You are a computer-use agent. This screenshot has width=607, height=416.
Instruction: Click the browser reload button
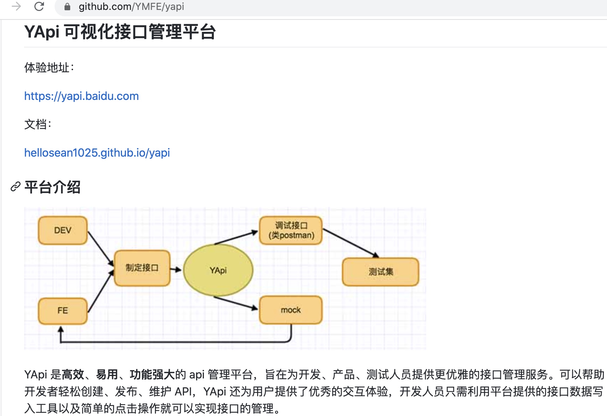[39, 6]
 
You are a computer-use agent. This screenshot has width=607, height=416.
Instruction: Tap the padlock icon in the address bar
[67, 7]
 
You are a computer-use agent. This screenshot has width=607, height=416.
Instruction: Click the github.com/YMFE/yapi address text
[131, 7]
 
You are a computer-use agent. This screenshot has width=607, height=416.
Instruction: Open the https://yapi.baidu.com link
[82, 96]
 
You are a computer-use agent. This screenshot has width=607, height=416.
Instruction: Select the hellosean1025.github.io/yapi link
[97, 153]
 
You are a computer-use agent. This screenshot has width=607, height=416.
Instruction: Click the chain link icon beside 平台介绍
[15, 187]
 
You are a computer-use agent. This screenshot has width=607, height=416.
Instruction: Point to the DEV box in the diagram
[63, 230]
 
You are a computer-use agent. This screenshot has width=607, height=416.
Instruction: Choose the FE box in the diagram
[63, 311]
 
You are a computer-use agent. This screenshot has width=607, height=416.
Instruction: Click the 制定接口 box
[142, 268]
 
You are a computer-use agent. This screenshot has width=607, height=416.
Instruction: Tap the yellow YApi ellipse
[218, 270]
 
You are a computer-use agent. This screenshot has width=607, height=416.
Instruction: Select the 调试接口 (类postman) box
[291, 230]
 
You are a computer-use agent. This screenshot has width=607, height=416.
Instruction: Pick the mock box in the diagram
[291, 310]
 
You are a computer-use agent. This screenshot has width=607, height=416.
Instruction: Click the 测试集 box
[380, 272]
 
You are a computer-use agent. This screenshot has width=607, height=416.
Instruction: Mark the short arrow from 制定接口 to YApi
[176, 270]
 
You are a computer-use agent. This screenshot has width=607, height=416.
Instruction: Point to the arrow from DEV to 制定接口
[100, 248]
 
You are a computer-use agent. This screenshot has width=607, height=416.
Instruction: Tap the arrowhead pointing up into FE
[61, 330]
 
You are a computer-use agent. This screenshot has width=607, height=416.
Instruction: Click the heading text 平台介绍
[52, 187]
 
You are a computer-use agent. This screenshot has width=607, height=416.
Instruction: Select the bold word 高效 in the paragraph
[73, 375]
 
